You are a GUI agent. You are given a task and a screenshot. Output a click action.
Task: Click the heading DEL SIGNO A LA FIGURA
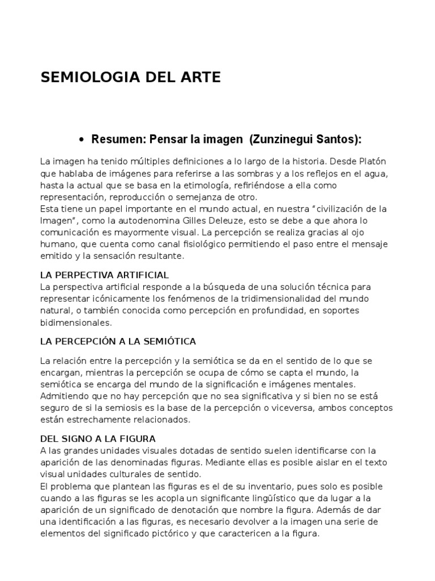pos(98,439)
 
